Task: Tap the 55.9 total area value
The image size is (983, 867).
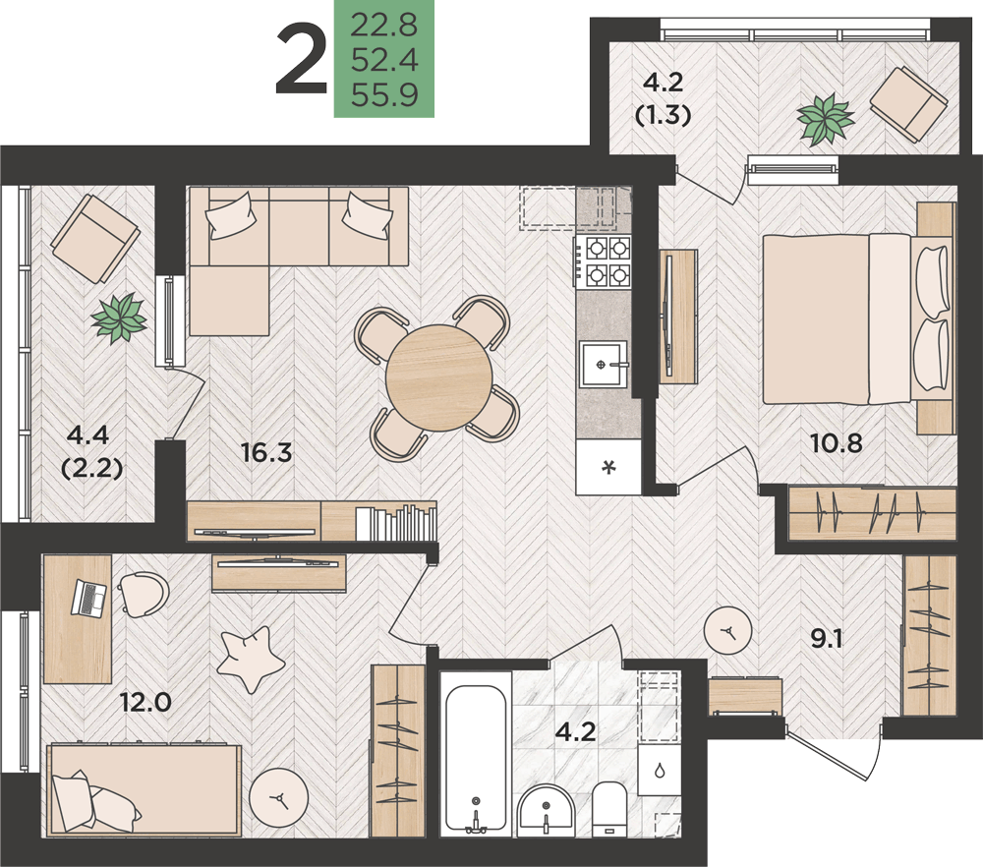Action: pyautogui.click(x=384, y=96)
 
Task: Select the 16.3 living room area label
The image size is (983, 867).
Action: pyautogui.click(x=267, y=452)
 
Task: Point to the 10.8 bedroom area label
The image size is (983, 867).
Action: pyautogui.click(x=837, y=443)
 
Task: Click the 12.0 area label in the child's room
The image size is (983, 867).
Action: pyautogui.click(x=146, y=703)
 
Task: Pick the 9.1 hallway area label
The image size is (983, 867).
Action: pyautogui.click(x=827, y=639)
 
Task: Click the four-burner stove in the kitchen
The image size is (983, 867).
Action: pyautogui.click(x=604, y=261)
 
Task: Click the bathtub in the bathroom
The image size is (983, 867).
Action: pyautogui.click(x=476, y=758)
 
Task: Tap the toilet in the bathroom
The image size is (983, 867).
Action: pyautogui.click(x=609, y=809)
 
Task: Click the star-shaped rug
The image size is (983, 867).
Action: pyautogui.click(x=251, y=660)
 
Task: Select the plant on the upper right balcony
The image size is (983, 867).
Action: pyautogui.click(x=826, y=119)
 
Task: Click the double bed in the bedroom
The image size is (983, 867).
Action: pyautogui.click(x=856, y=319)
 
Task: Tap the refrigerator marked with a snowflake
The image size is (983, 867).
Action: pyautogui.click(x=608, y=467)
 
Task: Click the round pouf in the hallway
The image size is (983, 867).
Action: pyautogui.click(x=727, y=631)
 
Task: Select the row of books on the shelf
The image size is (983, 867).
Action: pyautogui.click(x=396, y=522)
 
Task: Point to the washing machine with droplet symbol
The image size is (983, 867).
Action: pyautogui.click(x=660, y=770)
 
